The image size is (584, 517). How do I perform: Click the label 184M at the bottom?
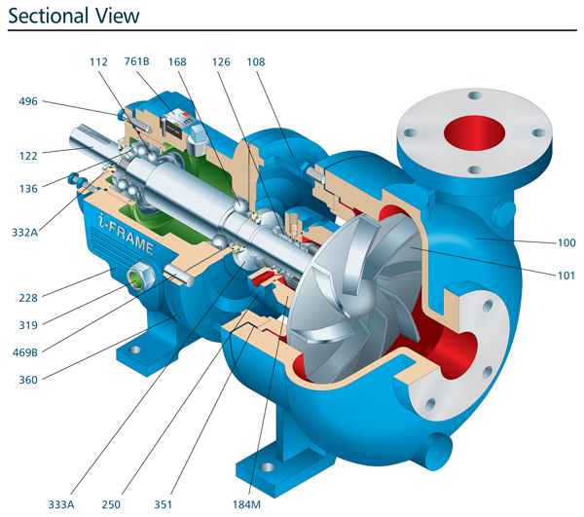point(251,504)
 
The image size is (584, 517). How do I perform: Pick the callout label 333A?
point(63,504)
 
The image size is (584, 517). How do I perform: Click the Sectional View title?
point(74,16)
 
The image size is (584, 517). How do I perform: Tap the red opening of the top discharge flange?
point(475,133)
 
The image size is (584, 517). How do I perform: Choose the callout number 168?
point(177,60)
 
